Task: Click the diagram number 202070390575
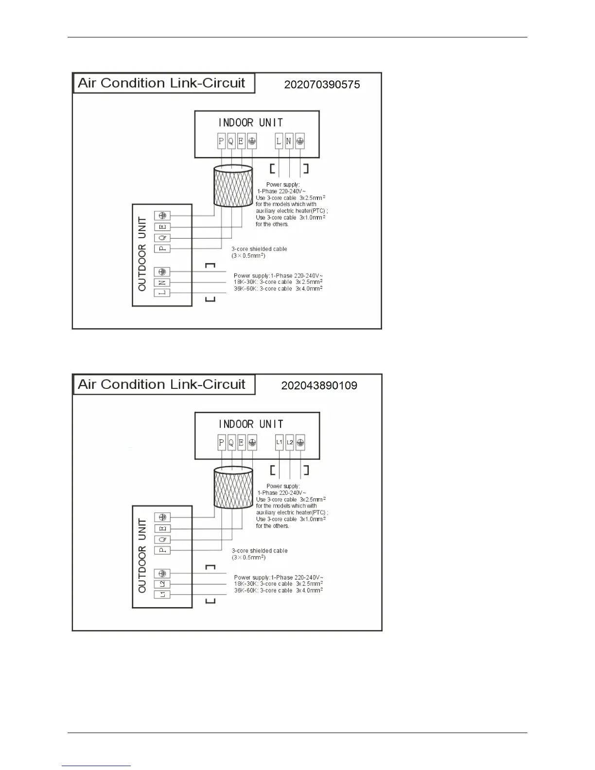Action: coord(322,85)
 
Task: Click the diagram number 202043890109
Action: coord(319,386)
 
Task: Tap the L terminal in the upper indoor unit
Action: coord(279,141)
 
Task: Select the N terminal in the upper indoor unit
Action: coord(289,141)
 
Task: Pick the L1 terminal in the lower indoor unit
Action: coord(279,443)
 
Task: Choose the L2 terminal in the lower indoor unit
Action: coord(290,443)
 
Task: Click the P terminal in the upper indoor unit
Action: coord(222,141)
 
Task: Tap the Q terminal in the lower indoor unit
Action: coord(231,443)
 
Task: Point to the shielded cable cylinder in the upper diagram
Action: coord(233,187)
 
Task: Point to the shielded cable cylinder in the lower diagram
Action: coord(233,488)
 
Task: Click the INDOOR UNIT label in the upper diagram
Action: coord(250,122)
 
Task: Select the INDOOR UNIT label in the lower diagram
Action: coord(250,424)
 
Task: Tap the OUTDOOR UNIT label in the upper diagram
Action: coord(142,254)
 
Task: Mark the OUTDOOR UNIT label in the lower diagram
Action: coord(142,556)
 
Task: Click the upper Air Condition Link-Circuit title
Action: coord(161,83)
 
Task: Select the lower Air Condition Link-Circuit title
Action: coord(161,385)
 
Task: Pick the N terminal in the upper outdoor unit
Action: coord(162,282)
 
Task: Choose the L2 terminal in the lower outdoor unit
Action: coord(162,584)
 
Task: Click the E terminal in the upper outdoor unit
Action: coord(162,227)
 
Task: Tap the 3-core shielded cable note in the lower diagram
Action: coord(260,554)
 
